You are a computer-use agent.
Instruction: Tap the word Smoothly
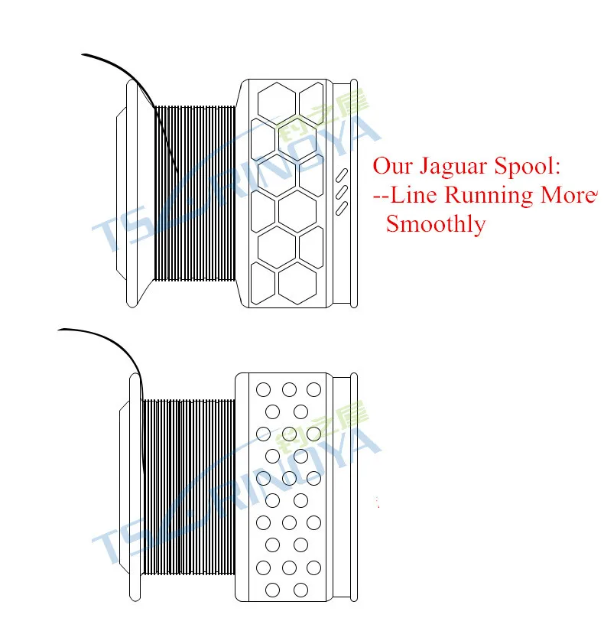435,224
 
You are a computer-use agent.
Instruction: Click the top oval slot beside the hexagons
343,175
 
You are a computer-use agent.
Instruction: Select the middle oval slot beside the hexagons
343,191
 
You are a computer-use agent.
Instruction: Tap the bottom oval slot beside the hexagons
343,207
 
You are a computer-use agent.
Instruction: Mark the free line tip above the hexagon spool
84,55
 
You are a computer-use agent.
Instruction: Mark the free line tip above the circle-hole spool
60,330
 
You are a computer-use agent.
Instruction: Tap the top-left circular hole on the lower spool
264,390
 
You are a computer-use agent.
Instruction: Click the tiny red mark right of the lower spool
378,502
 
